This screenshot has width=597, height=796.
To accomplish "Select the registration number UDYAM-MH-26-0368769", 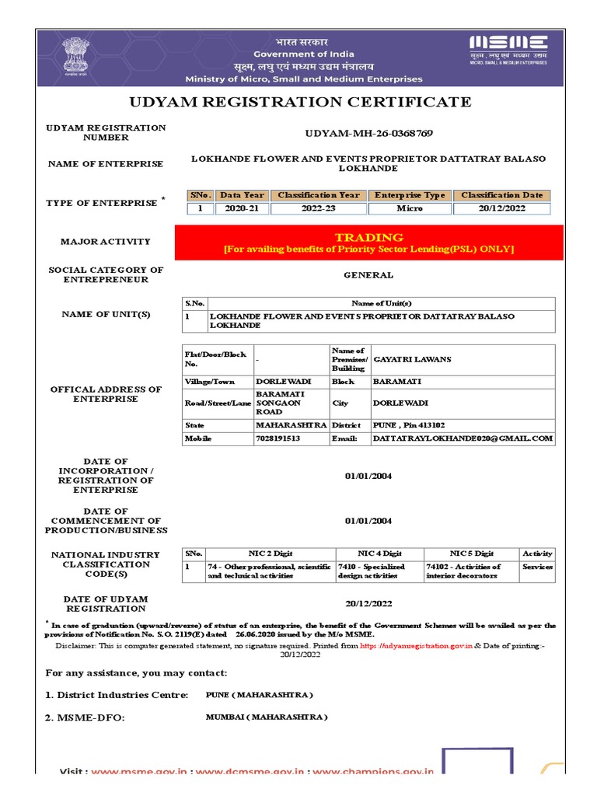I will [368, 133].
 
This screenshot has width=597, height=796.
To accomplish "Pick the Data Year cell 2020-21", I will [242, 208].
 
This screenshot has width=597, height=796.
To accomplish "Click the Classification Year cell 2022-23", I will [319, 208].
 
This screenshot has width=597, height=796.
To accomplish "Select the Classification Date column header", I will [501, 195].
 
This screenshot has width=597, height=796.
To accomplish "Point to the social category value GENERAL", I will [368, 275].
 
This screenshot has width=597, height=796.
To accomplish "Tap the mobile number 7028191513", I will [278, 438].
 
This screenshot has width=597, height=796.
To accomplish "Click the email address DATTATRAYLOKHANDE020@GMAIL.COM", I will [463, 438].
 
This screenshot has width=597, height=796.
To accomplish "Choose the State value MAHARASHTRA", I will [292, 426].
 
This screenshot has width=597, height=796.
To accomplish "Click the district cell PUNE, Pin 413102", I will [409, 426].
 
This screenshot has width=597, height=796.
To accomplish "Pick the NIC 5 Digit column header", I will [471, 553].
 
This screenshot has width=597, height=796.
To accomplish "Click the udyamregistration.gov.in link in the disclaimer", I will [417, 645].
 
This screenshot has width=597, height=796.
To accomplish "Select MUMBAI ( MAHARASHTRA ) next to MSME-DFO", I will [267, 717].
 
